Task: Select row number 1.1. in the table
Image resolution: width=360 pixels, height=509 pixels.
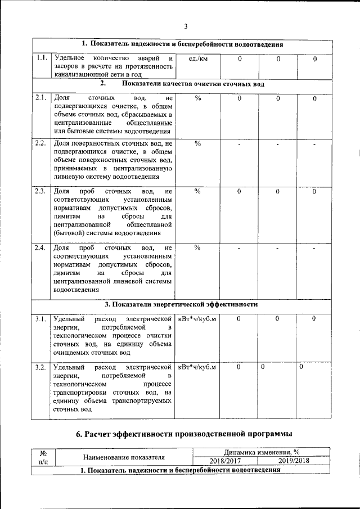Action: [x=40, y=58]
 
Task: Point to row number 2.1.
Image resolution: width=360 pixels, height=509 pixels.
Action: [x=40, y=98]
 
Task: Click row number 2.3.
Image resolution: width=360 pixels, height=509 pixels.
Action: [x=40, y=191]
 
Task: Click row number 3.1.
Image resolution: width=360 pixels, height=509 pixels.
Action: [x=40, y=319]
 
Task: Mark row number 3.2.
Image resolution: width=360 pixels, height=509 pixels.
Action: [x=40, y=367]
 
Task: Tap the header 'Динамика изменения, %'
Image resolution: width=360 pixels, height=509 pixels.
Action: [x=261, y=452]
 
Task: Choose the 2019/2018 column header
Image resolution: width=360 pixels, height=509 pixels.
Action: [x=294, y=461]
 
